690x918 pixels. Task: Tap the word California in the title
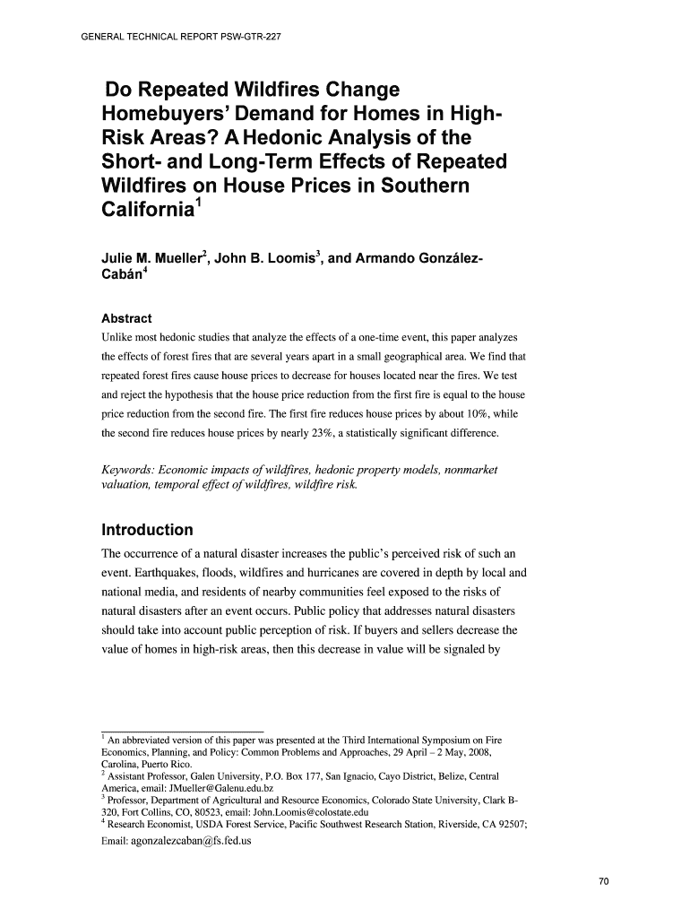(x=147, y=210)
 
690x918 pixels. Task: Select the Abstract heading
(x=126, y=318)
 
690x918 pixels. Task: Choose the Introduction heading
(x=147, y=529)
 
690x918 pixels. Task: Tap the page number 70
(x=603, y=882)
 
